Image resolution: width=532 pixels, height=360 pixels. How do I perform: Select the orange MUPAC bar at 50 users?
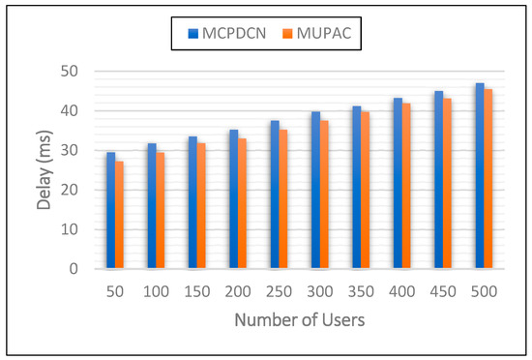point(119,215)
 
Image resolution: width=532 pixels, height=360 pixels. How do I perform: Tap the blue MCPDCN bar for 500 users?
point(480,175)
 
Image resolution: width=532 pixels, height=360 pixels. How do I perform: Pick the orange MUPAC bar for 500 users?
point(488,179)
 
